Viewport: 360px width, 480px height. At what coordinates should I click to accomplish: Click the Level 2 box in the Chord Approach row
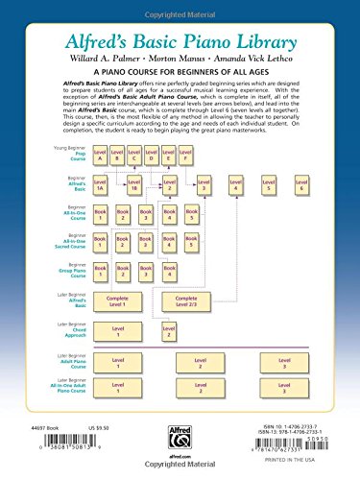click(168, 332)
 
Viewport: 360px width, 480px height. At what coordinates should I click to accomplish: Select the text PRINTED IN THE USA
click(307, 467)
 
